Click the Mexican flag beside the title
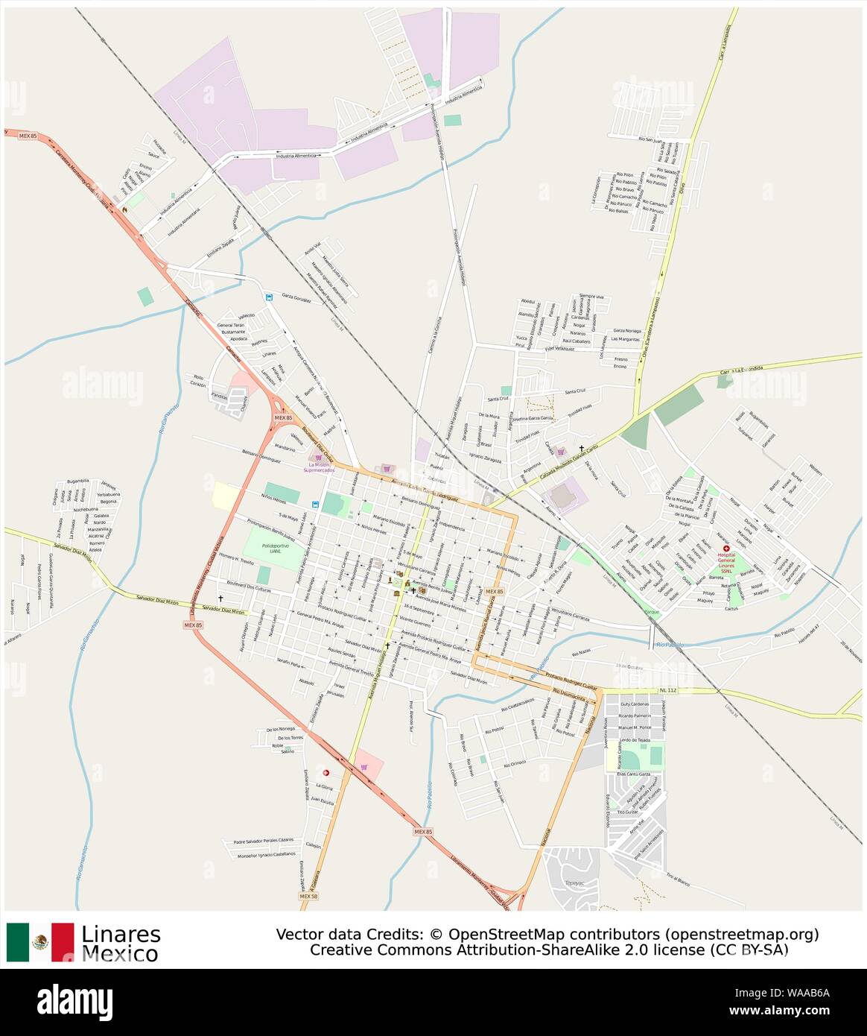point(40,942)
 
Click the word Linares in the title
point(121,934)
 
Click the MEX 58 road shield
point(308,897)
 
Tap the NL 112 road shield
point(667,691)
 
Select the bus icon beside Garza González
point(269,297)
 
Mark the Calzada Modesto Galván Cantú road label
point(566,462)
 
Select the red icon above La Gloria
point(325,773)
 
